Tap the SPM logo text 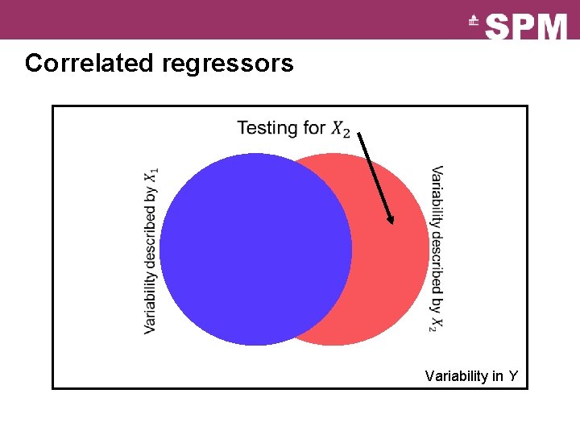(527, 27)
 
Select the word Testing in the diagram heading (267, 127)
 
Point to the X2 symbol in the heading (341, 129)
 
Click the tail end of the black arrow (359, 134)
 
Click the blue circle (255, 250)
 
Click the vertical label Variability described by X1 (151, 251)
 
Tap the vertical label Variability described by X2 (436, 248)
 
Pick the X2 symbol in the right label (435, 322)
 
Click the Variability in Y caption (471, 376)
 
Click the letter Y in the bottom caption (512, 376)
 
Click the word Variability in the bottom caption (454, 376)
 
